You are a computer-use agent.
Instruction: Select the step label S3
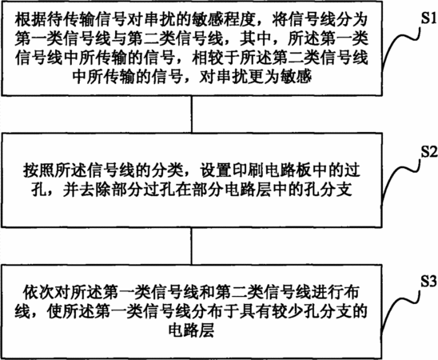(x=429, y=282)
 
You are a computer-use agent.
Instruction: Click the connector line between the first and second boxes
(x=192, y=114)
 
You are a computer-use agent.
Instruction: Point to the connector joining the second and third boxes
(x=192, y=246)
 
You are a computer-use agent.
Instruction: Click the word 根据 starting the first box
(x=29, y=20)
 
